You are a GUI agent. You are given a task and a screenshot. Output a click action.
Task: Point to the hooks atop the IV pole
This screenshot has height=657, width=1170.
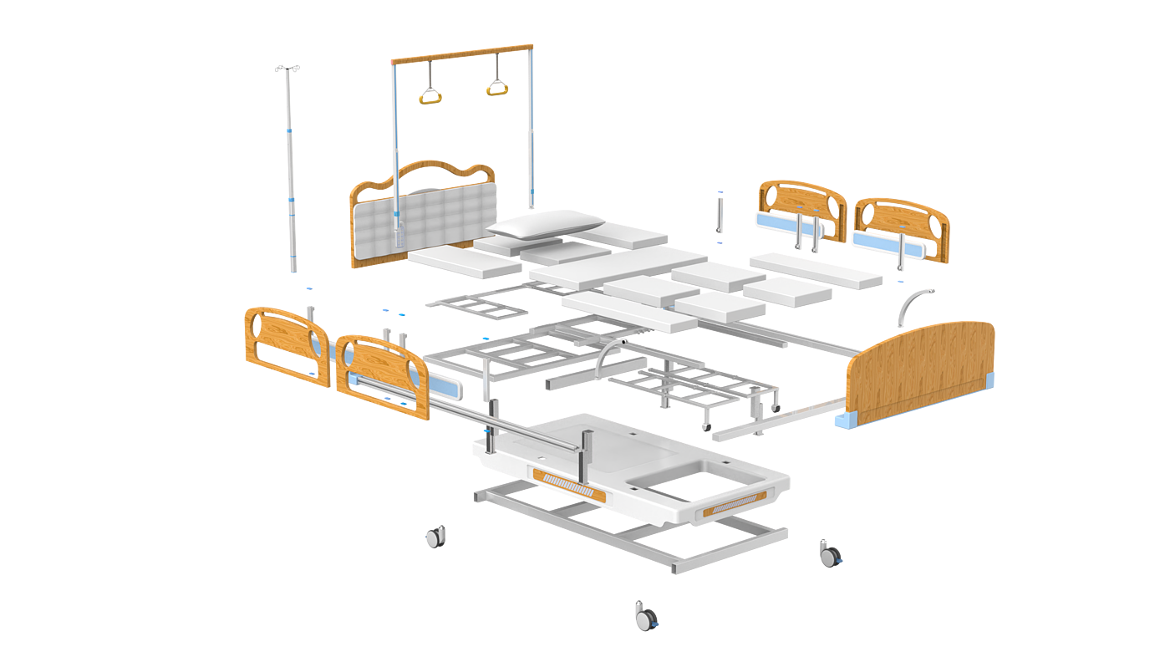[287, 68]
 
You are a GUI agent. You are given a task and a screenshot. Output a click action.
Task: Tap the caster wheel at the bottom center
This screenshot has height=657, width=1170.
[645, 616]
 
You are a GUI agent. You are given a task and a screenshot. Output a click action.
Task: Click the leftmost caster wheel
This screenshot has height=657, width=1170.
[435, 537]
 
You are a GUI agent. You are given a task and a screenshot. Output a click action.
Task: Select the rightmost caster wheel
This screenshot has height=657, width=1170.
[831, 554]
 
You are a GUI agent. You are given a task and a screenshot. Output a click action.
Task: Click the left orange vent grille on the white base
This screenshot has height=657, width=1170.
[569, 483]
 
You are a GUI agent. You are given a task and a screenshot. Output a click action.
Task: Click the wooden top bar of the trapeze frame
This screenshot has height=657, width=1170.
[461, 52]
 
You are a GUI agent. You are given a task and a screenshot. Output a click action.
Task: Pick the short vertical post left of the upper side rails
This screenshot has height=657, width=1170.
[719, 214]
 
